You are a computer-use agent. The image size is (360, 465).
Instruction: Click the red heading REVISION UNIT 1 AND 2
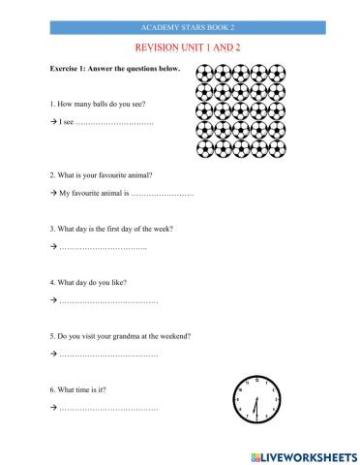pyautogui.click(x=180, y=46)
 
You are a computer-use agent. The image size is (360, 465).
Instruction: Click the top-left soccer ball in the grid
pyautogui.click(x=204, y=72)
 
